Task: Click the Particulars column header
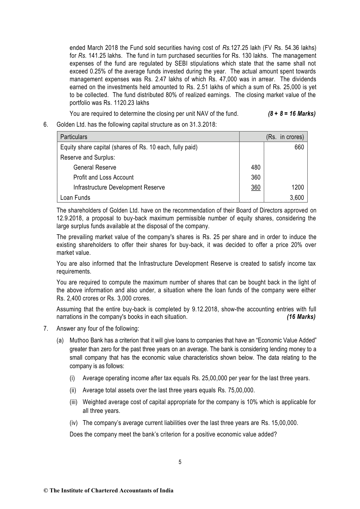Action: click(x=74, y=137)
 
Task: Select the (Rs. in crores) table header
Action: click(x=285, y=137)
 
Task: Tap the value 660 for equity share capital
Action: click(x=299, y=147)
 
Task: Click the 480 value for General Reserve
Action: click(x=255, y=167)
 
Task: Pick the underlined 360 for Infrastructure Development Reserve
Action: click(x=255, y=187)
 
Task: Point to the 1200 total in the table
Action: click(x=297, y=187)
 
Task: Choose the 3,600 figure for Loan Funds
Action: click(x=297, y=198)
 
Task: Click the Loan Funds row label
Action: click(x=75, y=198)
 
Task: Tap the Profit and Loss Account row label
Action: click(x=103, y=177)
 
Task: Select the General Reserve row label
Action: click(x=95, y=167)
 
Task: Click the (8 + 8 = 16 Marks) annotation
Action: click(x=292, y=114)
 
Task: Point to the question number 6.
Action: click(x=46, y=124)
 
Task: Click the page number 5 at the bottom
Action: click(x=180, y=462)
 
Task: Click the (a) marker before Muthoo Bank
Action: click(x=60, y=341)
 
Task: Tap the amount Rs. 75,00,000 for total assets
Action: click(x=236, y=390)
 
